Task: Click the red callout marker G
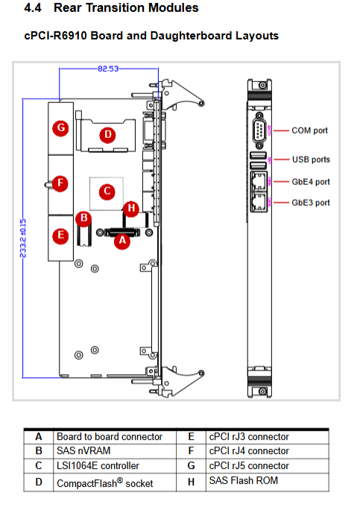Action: (61, 128)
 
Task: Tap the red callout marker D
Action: (108, 135)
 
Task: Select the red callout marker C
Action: (107, 192)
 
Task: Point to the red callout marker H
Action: (131, 209)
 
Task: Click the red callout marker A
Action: (122, 242)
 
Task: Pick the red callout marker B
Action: (83, 218)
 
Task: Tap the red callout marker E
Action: (61, 236)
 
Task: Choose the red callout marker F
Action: (60, 183)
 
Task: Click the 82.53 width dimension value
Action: (108, 69)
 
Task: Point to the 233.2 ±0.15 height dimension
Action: (23, 239)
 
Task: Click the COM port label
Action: (309, 130)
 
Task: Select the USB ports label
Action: (311, 160)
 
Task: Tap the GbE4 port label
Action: (311, 182)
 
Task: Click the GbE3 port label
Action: (311, 203)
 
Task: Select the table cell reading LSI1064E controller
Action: (98, 465)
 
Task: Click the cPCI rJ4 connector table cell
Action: (249, 451)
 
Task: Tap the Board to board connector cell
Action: (110, 436)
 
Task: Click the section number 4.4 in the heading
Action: (33, 8)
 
